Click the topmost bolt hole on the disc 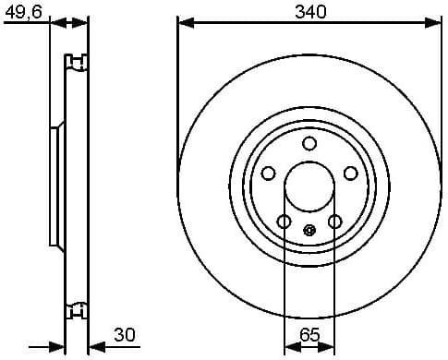(x=309, y=141)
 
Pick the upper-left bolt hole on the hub (x=268, y=173)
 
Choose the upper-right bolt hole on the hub (x=351, y=173)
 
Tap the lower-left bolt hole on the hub (x=284, y=221)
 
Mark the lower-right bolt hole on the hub (x=335, y=221)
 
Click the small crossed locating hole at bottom (x=309, y=230)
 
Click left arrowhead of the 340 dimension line (x=183, y=22)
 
